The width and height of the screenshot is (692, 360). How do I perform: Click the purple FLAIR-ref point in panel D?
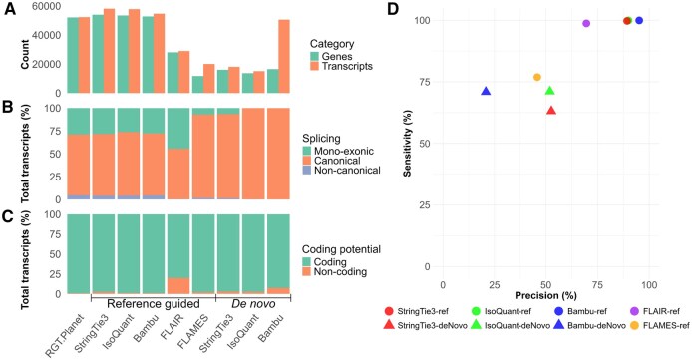point(586,23)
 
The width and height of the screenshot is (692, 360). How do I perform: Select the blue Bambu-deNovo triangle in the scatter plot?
point(486,92)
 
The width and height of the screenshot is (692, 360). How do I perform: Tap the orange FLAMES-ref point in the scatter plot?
point(537,77)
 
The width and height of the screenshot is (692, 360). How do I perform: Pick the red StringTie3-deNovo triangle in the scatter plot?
point(551,111)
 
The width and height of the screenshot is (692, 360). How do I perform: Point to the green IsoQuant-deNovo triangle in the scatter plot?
point(549,91)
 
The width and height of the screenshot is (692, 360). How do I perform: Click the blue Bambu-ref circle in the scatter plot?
point(639,20)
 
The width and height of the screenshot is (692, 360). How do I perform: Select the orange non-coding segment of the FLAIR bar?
point(178,286)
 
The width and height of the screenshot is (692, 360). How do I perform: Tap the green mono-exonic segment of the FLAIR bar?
point(178,129)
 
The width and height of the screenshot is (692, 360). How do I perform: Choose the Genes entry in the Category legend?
point(331,56)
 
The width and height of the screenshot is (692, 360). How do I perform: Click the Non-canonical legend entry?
point(341,170)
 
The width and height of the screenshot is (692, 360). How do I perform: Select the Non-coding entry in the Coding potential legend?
point(334,272)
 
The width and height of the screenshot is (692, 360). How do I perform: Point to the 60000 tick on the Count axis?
point(46,7)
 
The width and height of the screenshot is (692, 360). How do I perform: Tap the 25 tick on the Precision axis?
point(495,285)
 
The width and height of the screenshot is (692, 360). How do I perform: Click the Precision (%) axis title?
point(545,295)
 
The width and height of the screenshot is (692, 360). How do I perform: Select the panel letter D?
point(393,9)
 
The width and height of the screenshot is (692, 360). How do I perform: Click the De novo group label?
point(253,304)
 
